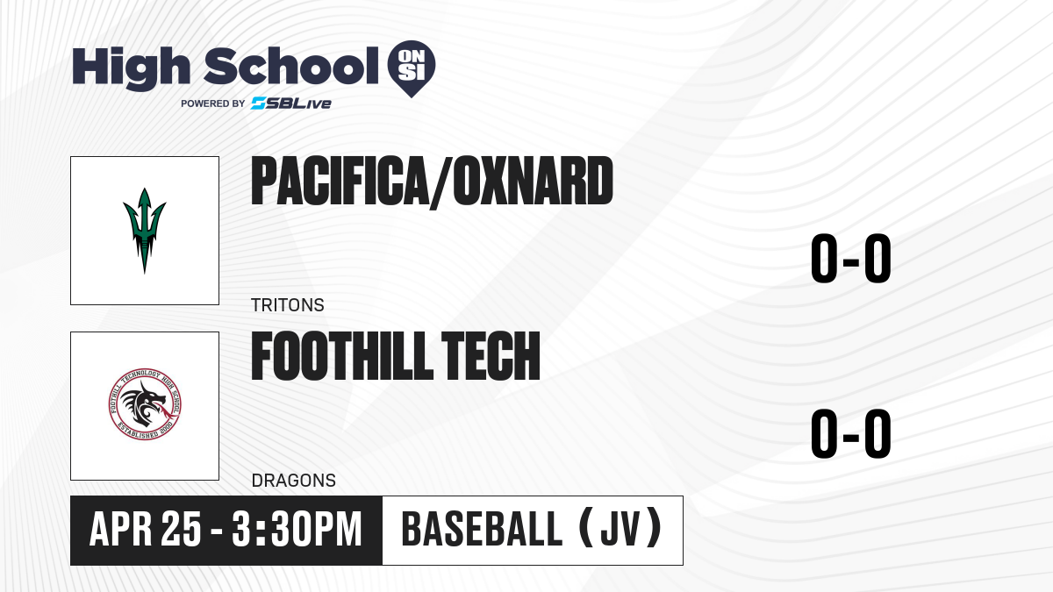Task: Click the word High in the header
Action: pos(131,68)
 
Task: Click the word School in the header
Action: pos(291,66)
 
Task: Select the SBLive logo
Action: pos(290,103)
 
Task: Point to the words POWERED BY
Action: pos(213,103)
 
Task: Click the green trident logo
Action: pos(144,230)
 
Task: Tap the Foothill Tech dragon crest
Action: pos(144,404)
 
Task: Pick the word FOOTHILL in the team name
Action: pos(341,356)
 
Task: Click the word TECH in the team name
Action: pos(491,356)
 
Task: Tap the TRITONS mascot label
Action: pos(288,305)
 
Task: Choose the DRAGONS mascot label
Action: pos(294,481)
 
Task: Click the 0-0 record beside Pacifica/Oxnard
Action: pos(851,259)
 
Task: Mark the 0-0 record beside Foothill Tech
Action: pos(851,433)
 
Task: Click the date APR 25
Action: pos(146,530)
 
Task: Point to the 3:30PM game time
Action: pos(297,530)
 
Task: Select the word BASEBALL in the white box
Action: pos(482,530)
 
